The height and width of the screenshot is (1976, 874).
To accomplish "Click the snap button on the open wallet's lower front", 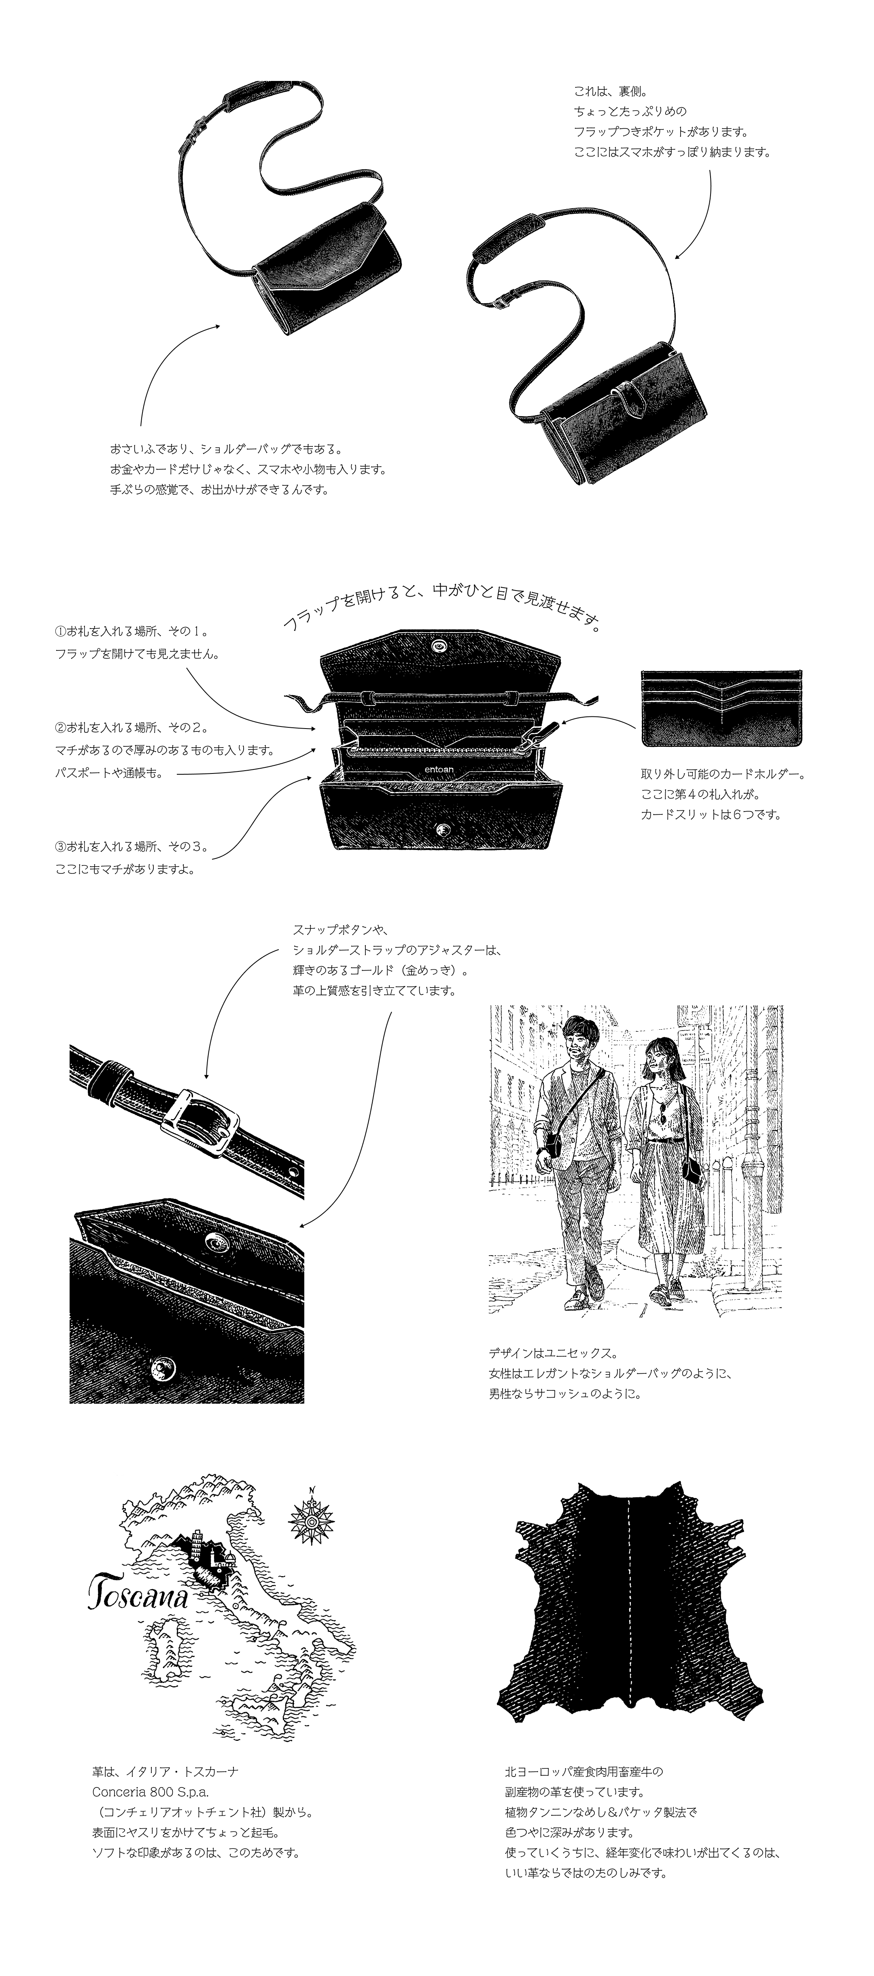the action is (441, 829).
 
